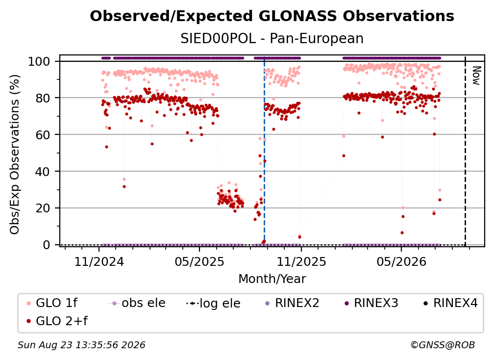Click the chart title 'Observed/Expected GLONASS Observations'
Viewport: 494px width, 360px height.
(x=272, y=16)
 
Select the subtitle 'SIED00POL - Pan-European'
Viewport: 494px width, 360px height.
(x=272, y=39)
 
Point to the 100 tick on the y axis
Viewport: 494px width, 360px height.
(x=43, y=61)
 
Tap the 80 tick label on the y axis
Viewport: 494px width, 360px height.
(x=43, y=98)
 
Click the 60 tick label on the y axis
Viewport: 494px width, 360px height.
(x=43, y=134)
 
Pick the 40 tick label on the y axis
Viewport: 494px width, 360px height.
(x=43, y=172)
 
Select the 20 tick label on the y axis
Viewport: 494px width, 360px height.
(x=43, y=208)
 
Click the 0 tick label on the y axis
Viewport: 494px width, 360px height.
(x=47, y=245)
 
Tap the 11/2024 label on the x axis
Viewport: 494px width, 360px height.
(x=99, y=261)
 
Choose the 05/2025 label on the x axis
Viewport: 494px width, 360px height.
(x=199, y=261)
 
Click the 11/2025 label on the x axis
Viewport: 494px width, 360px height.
(x=301, y=261)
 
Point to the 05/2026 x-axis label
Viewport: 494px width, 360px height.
(x=401, y=261)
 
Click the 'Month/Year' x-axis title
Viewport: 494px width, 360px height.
(x=272, y=279)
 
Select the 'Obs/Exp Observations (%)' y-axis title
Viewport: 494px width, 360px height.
(x=15, y=154)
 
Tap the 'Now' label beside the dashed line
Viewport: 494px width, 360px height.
(x=476, y=76)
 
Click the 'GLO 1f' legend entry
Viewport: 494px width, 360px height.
(x=52, y=303)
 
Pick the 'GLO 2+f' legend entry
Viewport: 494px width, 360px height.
(x=57, y=321)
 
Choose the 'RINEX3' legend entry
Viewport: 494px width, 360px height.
(x=371, y=303)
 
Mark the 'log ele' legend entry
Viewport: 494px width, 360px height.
(x=213, y=303)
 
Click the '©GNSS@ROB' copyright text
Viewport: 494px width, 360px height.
(x=443, y=345)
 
